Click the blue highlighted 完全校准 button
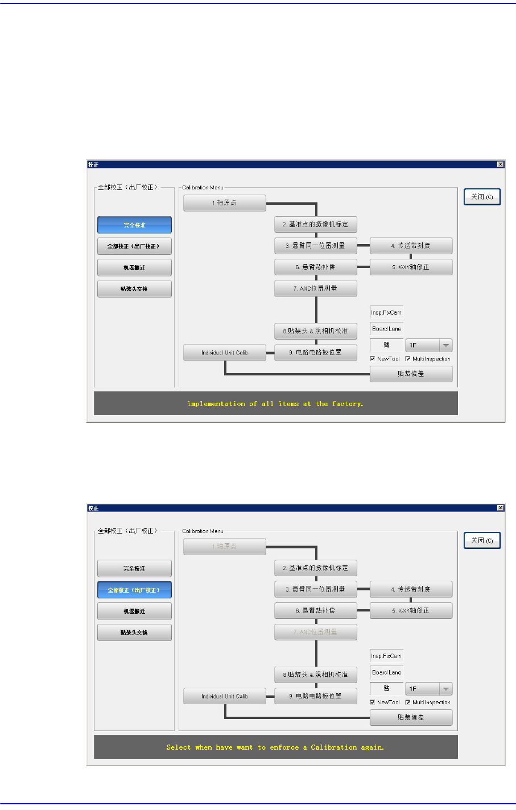[134, 225]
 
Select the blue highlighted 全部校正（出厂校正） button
[134, 590]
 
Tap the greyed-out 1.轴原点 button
[224, 546]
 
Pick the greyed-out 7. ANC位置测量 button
[315, 632]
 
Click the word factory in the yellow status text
[346, 404]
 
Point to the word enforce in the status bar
[284, 747]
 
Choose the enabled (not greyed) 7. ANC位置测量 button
[315, 288]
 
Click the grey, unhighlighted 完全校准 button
[134, 568]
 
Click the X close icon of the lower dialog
[500, 508]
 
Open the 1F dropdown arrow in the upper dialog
[446, 345]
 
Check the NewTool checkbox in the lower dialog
[372, 702]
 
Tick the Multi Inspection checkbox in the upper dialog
[408, 359]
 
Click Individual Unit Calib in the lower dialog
[224, 696]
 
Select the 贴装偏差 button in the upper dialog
[411, 374]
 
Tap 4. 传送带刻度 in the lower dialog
[411, 589]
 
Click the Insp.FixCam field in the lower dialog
[386, 656]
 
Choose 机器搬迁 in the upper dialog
[134, 267]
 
